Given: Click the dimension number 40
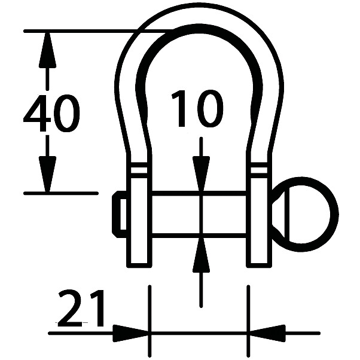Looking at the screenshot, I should click(x=51, y=114).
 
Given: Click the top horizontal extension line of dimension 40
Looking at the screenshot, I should click(x=90, y=30).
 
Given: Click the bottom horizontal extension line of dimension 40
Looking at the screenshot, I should click(x=60, y=193).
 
